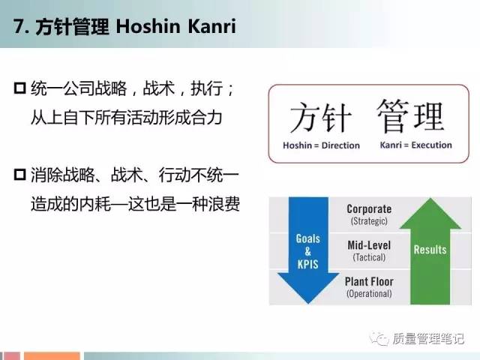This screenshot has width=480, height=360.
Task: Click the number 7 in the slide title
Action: [x=18, y=26]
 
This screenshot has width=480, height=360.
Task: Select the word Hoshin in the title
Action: [x=148, y=26]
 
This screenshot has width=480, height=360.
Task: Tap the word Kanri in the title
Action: [x=211, y=26]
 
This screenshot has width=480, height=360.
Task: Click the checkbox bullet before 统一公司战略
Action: [x=20, y=88]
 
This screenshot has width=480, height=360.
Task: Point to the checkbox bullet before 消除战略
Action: [x=20, y=175]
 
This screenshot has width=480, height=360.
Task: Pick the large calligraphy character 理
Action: [x=429, y=117]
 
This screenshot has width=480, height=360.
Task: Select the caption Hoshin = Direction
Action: [x=321, y=145]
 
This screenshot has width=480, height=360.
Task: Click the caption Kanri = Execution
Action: [x=415, y=145]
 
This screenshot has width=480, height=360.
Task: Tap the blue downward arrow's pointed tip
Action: [x=308, y=303]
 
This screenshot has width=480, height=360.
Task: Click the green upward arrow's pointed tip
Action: [x=430, y=199]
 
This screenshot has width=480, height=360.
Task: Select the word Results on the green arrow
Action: [x=430, y=250]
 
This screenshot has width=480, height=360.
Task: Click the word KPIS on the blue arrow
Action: [x=307, y=264]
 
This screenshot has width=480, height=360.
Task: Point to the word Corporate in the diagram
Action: [x=369, y=208]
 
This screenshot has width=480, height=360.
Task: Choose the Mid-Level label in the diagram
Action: [x=369, y=245]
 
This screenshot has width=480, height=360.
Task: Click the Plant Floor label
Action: [x=369, y=281]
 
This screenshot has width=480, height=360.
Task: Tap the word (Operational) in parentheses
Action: [x=369, y=294]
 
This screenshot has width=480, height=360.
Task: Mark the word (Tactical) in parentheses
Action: [x=369, y=257]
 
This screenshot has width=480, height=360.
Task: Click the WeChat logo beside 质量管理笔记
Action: [x=379, y=338]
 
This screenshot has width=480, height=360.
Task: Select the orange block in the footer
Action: [x=52, y=356]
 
